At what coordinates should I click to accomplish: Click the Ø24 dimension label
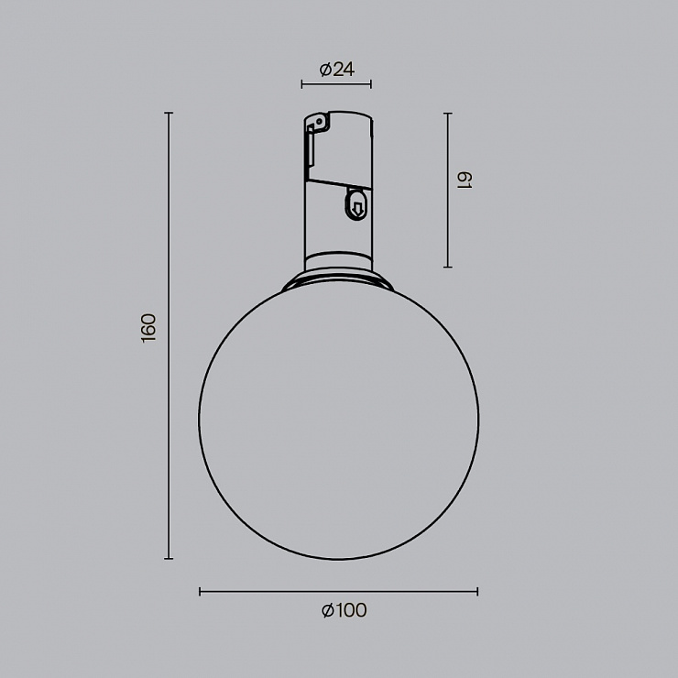click(x=337, y=70)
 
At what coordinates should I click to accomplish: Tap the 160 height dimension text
click(x=148, y=328)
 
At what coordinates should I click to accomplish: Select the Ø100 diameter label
click(x=344, y=610)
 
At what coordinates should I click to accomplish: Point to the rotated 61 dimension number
click(x=465, y=180)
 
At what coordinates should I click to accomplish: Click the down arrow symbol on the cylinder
click(x=357, y=209)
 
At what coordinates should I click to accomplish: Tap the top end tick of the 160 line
click(x=169, y=113)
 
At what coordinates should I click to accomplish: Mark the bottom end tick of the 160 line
click(x=169, y=559)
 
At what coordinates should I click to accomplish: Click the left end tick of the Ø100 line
click(x=200, y=592)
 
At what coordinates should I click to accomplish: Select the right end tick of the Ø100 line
click(x=477, y=592)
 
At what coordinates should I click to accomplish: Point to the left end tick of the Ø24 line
click(x=301, y=84)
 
